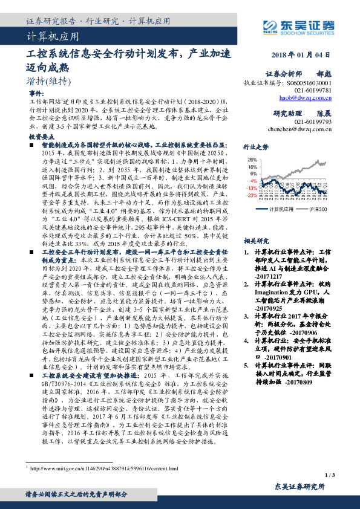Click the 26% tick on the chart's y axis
(x=252, y=160)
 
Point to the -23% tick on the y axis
(x=252, y=195)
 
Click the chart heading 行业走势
(x=255, y=147)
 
